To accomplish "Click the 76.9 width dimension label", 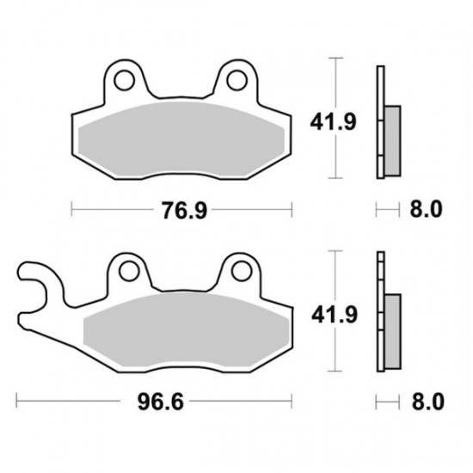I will click(181, 209).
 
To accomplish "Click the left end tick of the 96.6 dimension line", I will click(18, 401).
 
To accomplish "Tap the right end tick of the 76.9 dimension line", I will click(293, 209).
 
